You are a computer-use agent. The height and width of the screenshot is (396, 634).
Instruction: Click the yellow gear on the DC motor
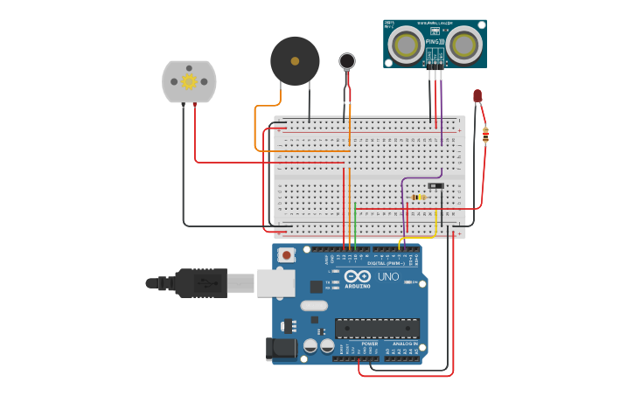[189, 81]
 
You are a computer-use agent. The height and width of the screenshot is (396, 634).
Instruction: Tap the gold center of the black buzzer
[295, 61]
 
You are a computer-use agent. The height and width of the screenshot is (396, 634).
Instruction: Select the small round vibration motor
[347, 60]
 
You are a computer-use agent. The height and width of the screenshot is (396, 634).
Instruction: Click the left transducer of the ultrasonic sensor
[405, 43]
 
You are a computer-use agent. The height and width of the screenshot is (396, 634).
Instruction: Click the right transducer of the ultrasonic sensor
[464, 43]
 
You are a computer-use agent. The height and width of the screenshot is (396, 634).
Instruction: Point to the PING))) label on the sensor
[435, 42]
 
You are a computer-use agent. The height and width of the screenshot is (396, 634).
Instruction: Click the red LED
[477, 95]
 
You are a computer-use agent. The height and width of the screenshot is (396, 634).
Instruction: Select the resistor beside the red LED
[485, 135]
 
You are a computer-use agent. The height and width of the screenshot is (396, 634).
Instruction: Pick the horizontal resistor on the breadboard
[419, 197]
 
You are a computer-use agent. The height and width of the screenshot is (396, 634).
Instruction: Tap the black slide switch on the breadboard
[435, 185]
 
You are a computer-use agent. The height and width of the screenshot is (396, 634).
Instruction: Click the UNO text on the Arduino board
[387, 277]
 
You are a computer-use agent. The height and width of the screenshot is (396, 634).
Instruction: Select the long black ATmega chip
[377, 328]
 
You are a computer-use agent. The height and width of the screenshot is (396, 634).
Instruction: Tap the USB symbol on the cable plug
[202, 282]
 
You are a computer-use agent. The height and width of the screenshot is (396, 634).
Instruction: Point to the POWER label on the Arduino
[369, 344]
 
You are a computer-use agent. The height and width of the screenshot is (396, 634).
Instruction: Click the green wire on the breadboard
[355, 223]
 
